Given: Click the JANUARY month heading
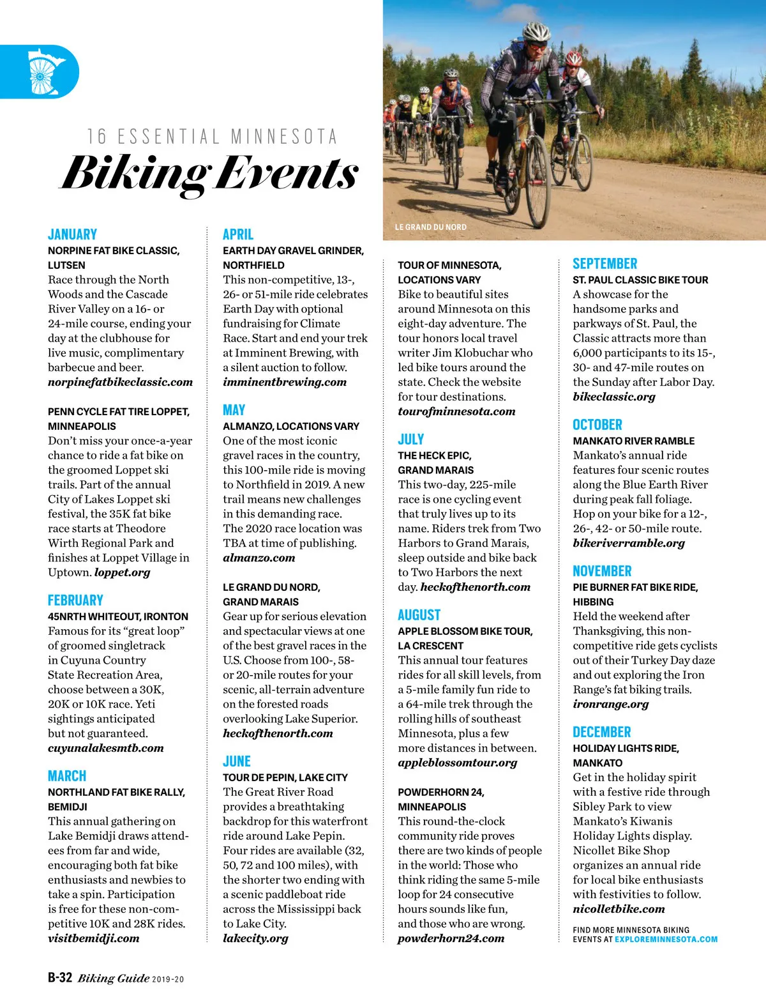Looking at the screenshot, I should tap(72, 234).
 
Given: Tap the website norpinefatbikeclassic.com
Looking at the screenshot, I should tap(120, 382).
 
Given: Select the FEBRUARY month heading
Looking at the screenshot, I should tap(75, 600).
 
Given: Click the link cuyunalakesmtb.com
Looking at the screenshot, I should tap(105, 748).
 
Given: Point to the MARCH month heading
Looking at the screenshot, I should tap(67, 776).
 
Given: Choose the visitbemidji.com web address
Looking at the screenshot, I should tap(93, 938).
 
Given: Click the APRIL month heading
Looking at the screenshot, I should tap(238, 234).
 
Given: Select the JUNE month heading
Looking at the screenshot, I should tap(237, 761).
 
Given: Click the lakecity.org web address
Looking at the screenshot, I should tap(255, 938).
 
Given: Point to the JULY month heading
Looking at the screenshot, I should tap(411, 439).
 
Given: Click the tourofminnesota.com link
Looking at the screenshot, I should tap(456, 411).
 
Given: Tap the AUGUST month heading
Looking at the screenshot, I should tap(419, 615).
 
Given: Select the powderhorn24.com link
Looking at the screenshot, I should tap(451, 938).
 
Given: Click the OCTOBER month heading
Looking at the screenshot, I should tap(597, 425).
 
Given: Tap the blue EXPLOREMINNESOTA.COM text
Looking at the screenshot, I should tap(666, 940).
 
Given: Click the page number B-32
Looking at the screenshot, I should tap(60, 978).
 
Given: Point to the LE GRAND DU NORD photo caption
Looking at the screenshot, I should tap(430, 227).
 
